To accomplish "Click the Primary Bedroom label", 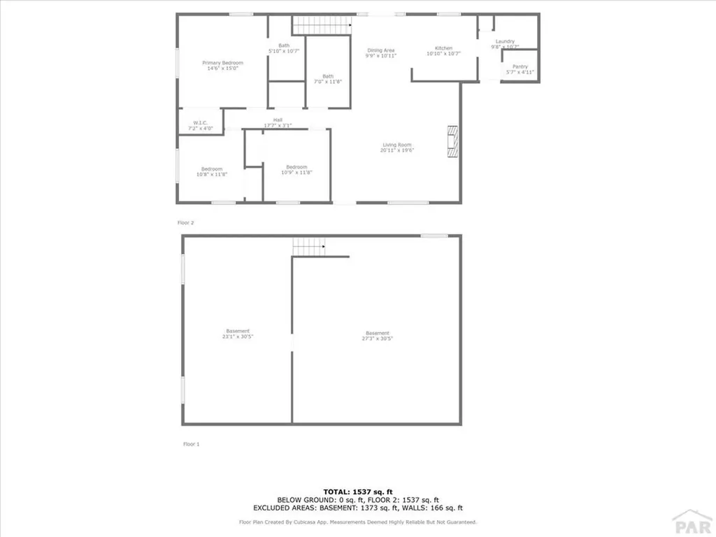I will [223, 66].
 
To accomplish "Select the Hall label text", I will [278, 122].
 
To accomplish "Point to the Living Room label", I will [396, 148].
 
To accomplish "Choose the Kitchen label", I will [444, 51].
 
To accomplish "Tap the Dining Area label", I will [381, 52].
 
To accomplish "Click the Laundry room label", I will [505, 44].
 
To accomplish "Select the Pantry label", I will [520, 69].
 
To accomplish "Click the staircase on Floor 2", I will [320, 25].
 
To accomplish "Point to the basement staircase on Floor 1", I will [308, 246].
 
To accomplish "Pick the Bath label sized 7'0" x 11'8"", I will [328, 79].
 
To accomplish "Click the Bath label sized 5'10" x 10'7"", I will [284, 48].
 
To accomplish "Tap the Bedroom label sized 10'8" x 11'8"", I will [212, 171].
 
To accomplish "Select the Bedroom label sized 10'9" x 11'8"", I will [296, 169].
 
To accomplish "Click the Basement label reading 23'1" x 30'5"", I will [238, 334].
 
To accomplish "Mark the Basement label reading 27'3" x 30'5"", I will [378, 336].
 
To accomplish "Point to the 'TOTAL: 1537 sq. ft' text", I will [358, 491].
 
